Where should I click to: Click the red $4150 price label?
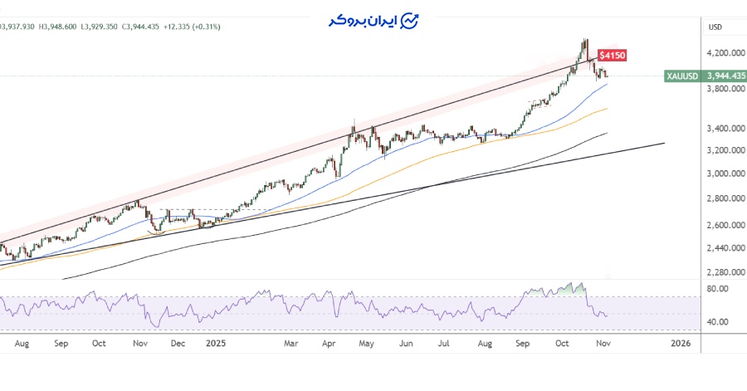[x=613, y=56]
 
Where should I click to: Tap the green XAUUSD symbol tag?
[x=682, y=76]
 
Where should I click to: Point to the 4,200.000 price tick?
[x=724, y=53]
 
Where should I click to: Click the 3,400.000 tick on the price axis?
[x=724, y=129]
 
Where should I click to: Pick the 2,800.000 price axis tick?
[x=724, y=199]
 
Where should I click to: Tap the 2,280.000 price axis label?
[x=724, y=272]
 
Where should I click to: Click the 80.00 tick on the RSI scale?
[x=717, y=289]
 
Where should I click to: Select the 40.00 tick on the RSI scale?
[x=717, y=322]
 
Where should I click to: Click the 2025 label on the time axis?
[x=214, y=343]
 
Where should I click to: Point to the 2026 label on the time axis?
[x=680, y=343]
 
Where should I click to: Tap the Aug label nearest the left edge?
[x=23, y=343]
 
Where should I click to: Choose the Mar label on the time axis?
[x=291, y=343]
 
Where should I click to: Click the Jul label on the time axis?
[x=444, y=343]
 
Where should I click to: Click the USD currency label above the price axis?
[x=715, y=27]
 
